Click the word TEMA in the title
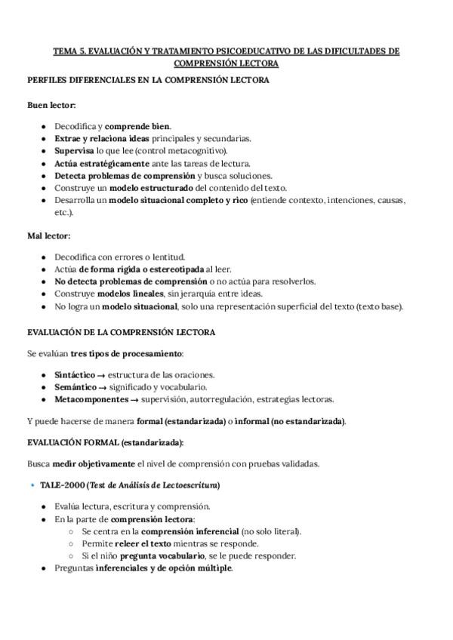coord(65,51)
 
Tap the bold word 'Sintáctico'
coord(75,375)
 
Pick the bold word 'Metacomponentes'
coord(89,399)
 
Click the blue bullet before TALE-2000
coord(33,485)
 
